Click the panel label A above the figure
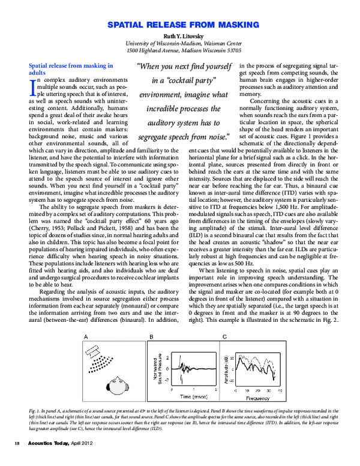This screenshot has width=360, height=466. click(86, 336)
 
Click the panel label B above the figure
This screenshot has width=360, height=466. click(151, 336)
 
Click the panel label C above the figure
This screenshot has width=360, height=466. click(224, 336)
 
